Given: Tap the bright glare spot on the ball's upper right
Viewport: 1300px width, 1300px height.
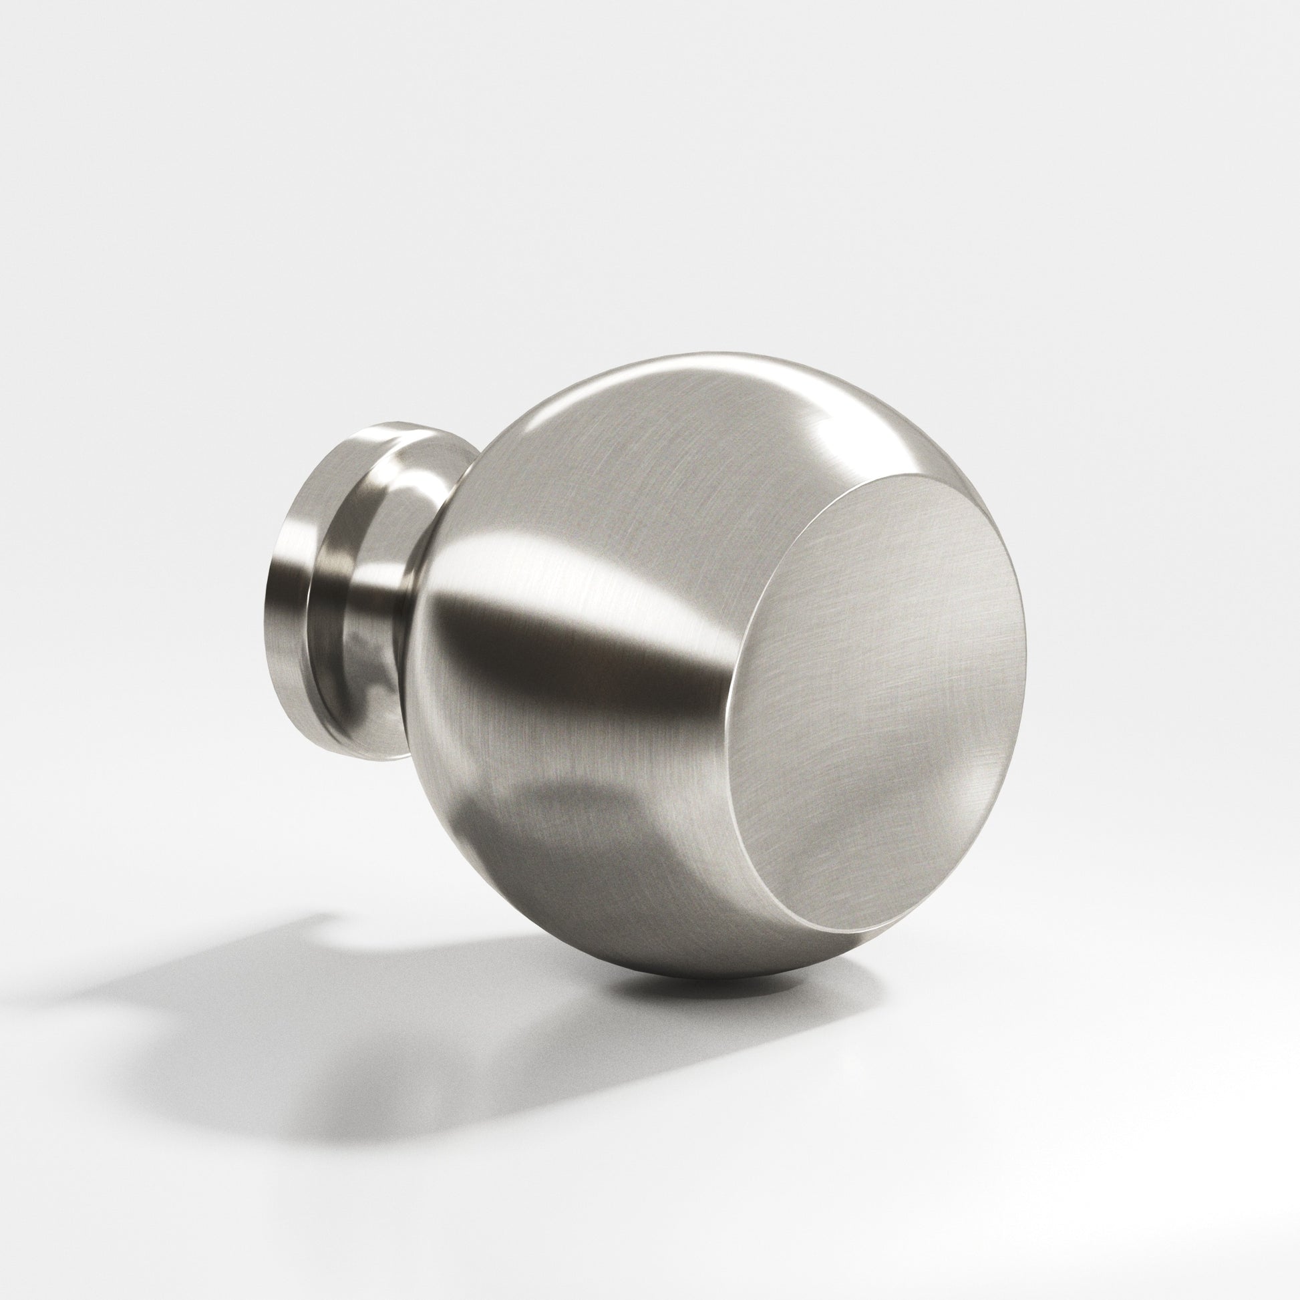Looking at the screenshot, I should [834, 431].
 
